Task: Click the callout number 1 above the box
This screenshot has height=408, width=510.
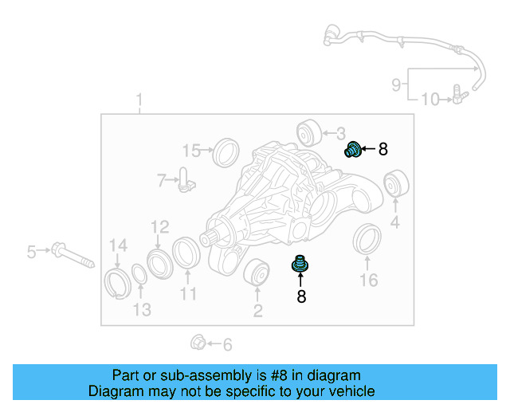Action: click(139, 100)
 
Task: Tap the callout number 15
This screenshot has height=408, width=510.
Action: click(191, 151)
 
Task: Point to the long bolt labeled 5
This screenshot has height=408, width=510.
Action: click(70, 254)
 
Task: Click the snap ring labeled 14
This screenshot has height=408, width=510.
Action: click(116, 282)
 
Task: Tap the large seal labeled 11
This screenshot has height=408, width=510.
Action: click(186, 253)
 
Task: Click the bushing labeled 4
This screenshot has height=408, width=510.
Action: click(394, 183)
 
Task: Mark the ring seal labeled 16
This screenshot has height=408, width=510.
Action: click(367, 241)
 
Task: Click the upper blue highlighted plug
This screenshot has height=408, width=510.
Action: click(353, 149)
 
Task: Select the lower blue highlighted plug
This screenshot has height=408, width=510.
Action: click(300, 265)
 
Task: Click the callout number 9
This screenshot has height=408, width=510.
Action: click(396, 84)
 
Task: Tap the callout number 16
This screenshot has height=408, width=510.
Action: click(367, 280)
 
